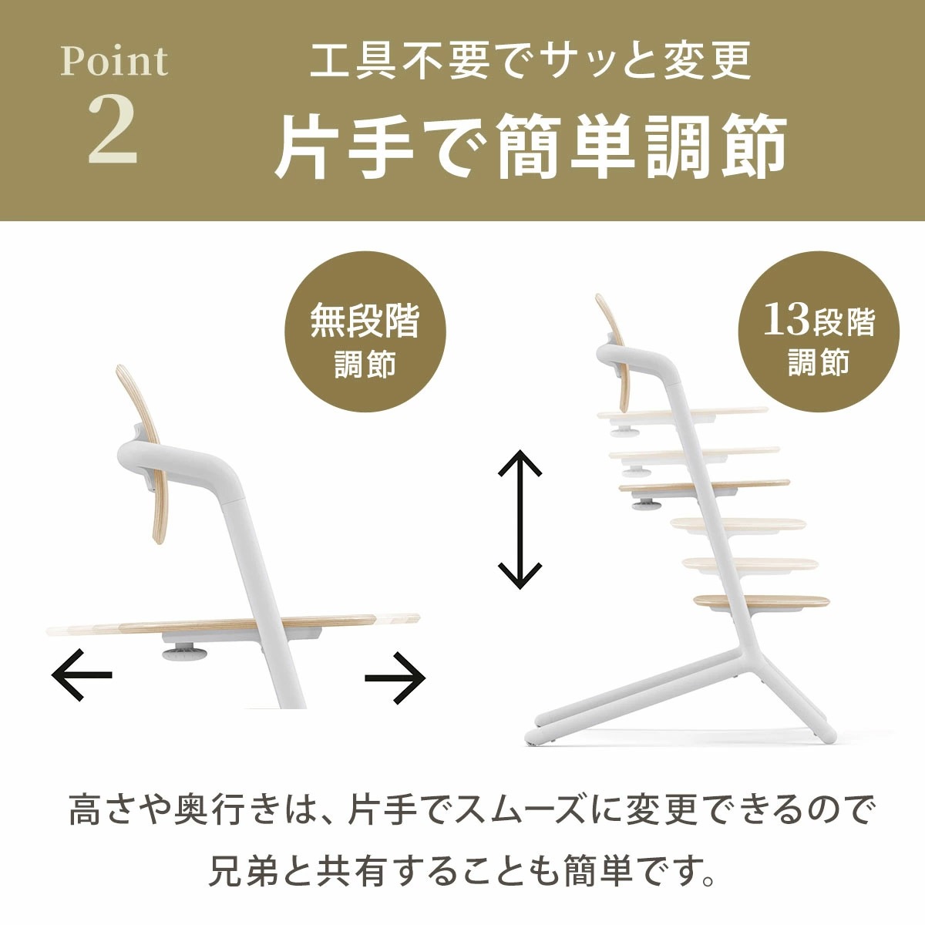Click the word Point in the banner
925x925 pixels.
pyautogui.click(x=114, y=62)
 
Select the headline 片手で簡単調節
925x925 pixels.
pyautogui.click(x=531, y=146)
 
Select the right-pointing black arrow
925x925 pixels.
pyautogui.click(x=395, y=678)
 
